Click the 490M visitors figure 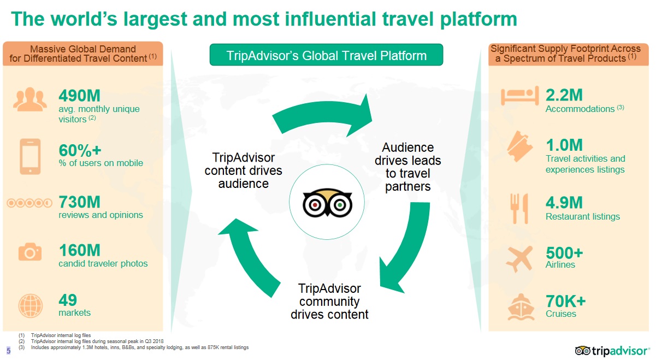pos(79,96)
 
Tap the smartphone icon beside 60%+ pos(30,157)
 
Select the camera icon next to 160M pos(30,252)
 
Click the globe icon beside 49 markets pos(31,306)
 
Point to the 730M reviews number pos(79,202)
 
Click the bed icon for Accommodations pos(520,96)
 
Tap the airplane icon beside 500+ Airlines pos(519,259)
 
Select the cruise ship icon pos(521,306)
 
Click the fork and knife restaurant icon pos(519,209)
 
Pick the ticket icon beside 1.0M pos(520,146)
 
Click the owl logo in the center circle pos(327,203)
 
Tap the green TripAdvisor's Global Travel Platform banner pos(326,55)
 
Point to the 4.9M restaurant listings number pos(564,203)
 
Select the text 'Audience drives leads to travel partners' pos(407,167)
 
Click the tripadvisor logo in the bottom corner pos(612,351)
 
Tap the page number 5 pos(9,350)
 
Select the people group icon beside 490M pos(30,99)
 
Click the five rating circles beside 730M pos(29,203)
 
